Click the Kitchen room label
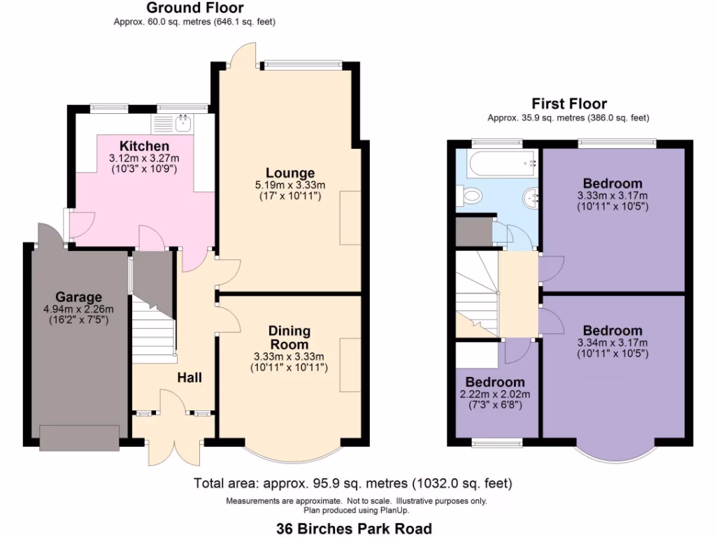[x=144, y=146]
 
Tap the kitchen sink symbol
[x=183, y=124]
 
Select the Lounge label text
[x=289, y=173]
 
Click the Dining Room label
[x=289, y=337]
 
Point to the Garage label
[x=79, y=297]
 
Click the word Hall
[x=189, y=378]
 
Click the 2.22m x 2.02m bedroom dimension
[x=495, y=394]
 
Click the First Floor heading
[x=569, y=104]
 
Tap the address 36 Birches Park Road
[x=354, y=529]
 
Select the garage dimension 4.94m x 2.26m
[x=78, y=309]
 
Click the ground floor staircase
[x=152, y=329]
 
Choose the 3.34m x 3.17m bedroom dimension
[x=613, y=343]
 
